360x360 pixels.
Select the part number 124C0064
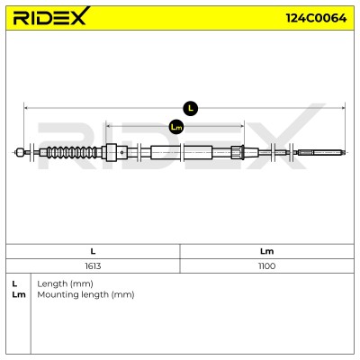pos(317,18)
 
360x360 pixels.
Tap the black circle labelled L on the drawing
pos(191,108)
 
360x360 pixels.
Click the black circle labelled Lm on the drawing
pos(176,127)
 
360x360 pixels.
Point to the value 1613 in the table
pos(93,266)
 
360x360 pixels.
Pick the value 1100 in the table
pos(266,266)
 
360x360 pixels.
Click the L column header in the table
pos(93,251)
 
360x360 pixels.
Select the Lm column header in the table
pos(266,251)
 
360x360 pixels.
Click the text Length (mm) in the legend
pos(65,283)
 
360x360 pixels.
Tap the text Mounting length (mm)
pos(85,294)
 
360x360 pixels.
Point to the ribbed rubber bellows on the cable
pos(72,152)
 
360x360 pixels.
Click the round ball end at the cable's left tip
pos(20,152)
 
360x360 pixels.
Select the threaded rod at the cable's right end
pos(320,152)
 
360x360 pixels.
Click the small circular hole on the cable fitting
pos(121,152)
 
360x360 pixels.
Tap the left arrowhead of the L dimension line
pos(26,108)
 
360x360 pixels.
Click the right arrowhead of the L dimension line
pos(342,108)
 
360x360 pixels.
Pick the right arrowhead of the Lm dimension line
pos(241,127)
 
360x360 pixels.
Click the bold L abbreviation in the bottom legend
pos(14,283)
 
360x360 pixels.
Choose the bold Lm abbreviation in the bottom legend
pos(19,294)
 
